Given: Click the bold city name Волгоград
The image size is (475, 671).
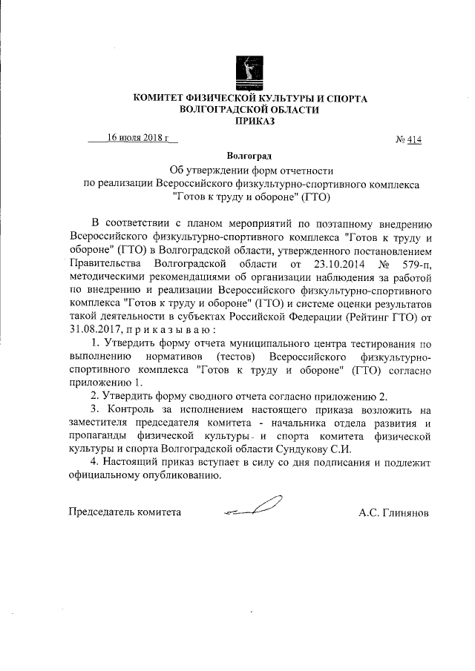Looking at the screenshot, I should point(249,156).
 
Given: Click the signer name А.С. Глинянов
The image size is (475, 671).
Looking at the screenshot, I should point(393,512).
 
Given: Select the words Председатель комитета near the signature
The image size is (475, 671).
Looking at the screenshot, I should point(125,512).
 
